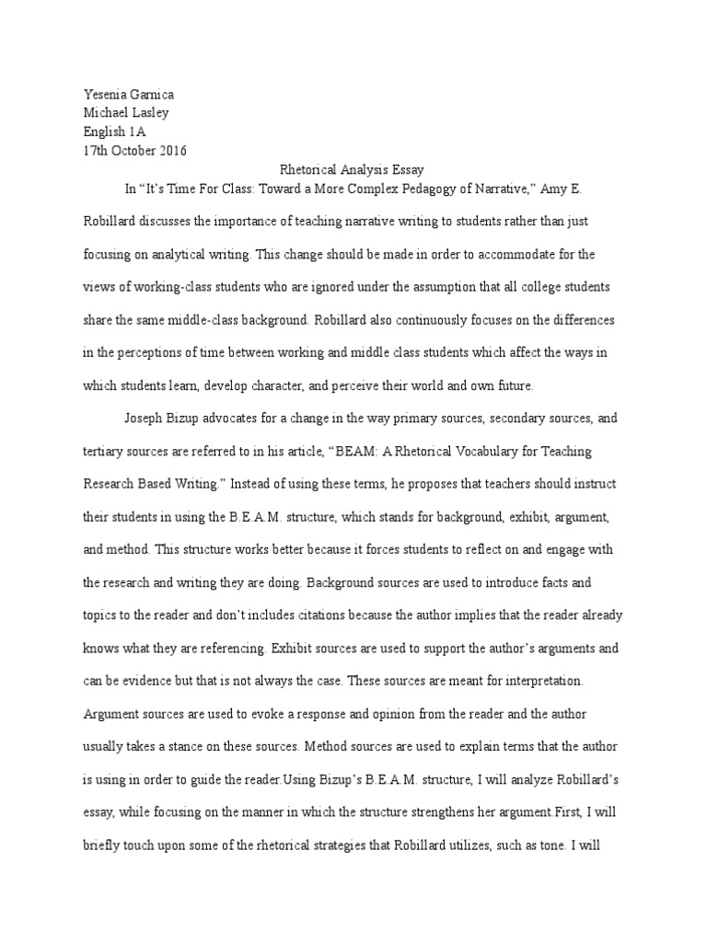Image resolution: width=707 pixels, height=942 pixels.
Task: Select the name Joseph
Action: click(145, 419)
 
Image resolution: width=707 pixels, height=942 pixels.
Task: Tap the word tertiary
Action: click(104, 453)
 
